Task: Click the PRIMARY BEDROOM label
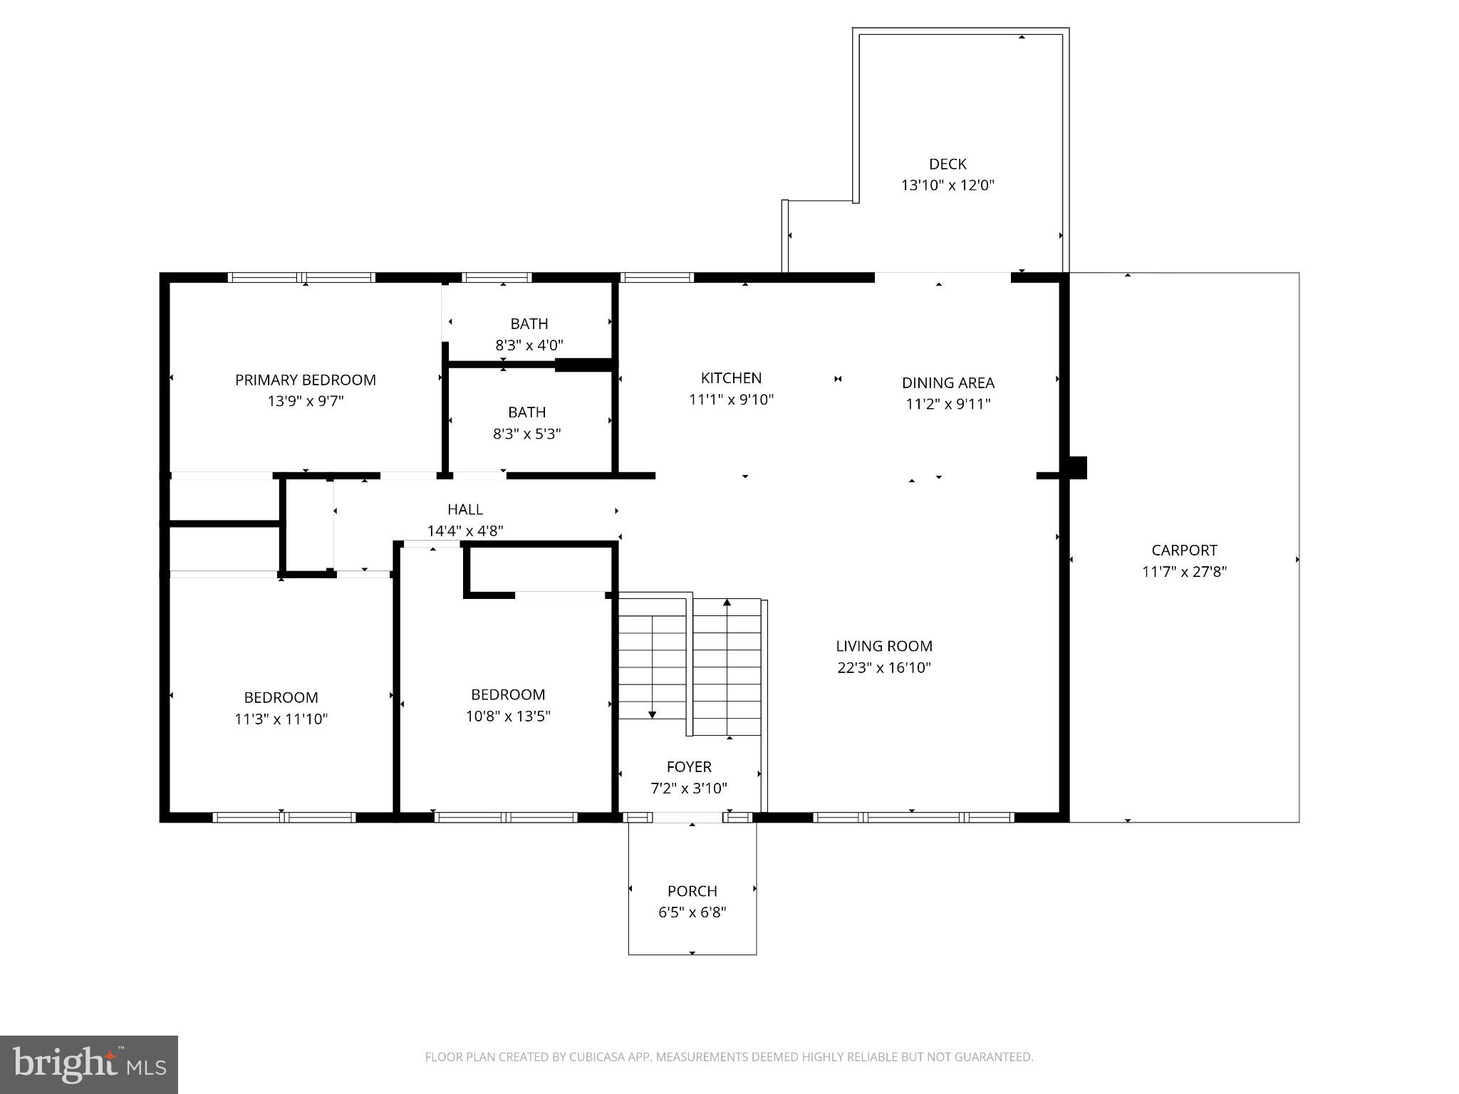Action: [306, 380]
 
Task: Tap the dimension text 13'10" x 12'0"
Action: [947, 186]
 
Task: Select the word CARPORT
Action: [1184, 550]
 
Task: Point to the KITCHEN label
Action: [731, 378]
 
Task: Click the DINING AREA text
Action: [947, 382]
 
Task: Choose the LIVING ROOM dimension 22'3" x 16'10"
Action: [884, 668]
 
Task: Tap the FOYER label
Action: [689, 767]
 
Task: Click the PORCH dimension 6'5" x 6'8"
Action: [692, 912]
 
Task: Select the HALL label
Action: [465, 509]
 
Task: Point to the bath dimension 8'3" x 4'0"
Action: [529, 345]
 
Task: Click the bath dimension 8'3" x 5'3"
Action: [526, 434]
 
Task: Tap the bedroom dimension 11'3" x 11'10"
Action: [281, 719]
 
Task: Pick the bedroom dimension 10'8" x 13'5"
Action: [508, 717]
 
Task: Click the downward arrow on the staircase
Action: [652, 714]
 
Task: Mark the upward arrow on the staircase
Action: [727, 603]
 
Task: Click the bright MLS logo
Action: [89, 1064]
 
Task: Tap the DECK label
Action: [947, 165]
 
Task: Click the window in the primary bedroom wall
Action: [301, 278]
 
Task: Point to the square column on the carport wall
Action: [1077, 467]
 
